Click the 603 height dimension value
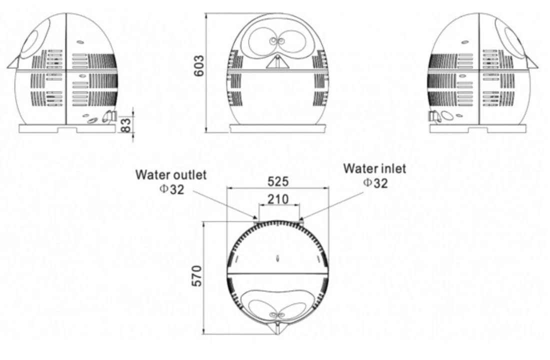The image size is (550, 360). (x=198, y=65)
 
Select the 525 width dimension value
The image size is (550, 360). (x=278, y=181)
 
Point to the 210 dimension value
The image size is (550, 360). (x=278, y=199)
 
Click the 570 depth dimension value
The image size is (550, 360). (x=197, y=276)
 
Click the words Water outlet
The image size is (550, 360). (x=171, y=174)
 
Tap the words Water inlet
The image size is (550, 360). (x=374, y=168)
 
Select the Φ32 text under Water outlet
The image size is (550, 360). (x=171, y=189)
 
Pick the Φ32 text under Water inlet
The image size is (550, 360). (x=375, y=183)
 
